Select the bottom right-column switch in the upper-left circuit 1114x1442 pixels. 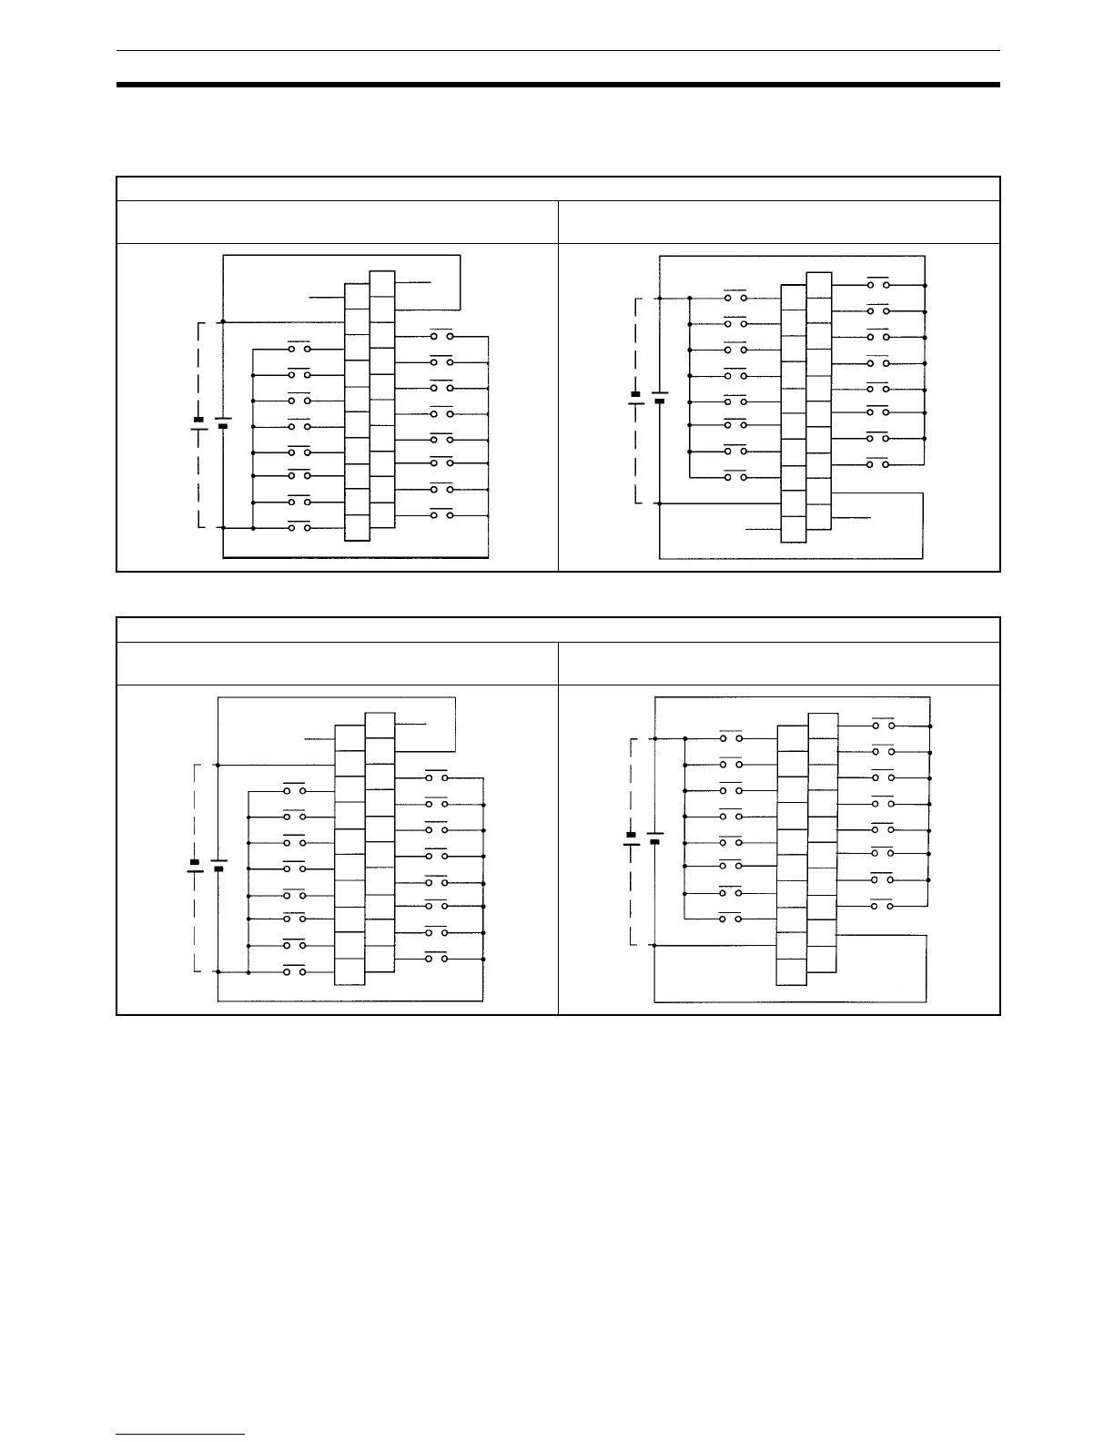pos(441,515)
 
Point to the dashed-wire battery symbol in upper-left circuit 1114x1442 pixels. pos(197,422)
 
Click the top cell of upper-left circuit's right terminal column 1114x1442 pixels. pos(382,283)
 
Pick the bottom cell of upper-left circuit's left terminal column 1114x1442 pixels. pos(358,528)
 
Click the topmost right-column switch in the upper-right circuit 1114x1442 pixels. pos(878,285)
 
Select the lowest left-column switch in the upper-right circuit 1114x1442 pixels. pos(735,476)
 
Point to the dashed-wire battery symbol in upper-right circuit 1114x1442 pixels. pos(635,397)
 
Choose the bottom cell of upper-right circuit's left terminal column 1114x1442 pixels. pos(794,529)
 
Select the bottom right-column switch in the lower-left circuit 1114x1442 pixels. pos(436,959)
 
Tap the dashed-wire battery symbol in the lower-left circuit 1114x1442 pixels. pos(194,865)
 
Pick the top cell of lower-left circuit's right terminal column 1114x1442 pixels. pos(380,725)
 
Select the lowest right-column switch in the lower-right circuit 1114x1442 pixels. pos(883,906)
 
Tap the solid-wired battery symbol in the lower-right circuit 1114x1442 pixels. pos(654,838)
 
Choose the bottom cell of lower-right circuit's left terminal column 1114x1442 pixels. pos(791,971)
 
